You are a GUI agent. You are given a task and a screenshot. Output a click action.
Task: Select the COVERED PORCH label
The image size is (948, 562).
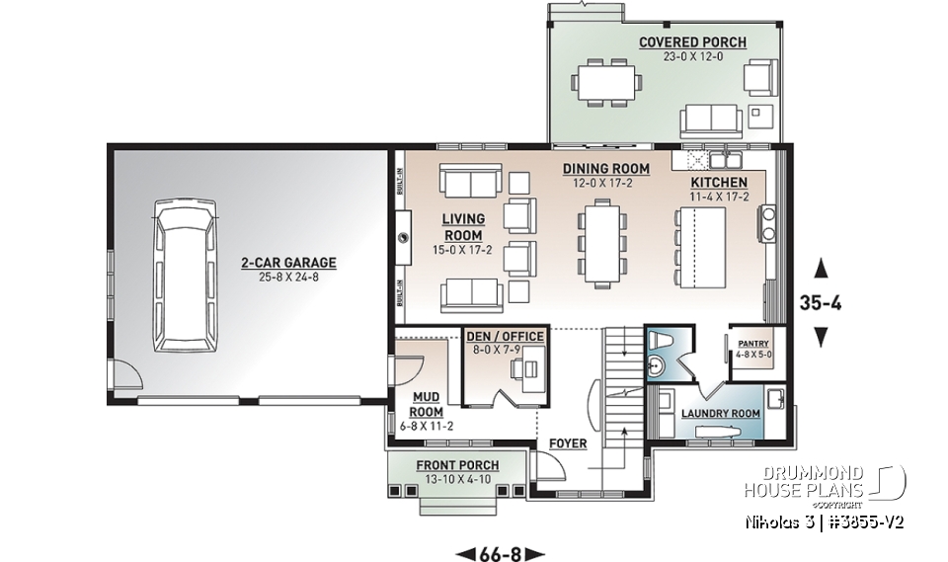(692, 42)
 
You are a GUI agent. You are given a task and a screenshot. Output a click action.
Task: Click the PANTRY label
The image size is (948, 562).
(751, 341)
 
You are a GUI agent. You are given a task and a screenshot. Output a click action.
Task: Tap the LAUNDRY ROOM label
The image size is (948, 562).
(721, 413)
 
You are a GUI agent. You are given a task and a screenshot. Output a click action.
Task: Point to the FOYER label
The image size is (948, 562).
(568, 443)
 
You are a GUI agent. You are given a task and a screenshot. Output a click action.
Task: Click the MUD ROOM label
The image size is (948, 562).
(427, 404)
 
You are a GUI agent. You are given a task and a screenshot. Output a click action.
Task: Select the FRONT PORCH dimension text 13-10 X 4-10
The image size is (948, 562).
(456, 479)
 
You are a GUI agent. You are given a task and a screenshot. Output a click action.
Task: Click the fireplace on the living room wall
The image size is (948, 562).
(404, 238)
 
